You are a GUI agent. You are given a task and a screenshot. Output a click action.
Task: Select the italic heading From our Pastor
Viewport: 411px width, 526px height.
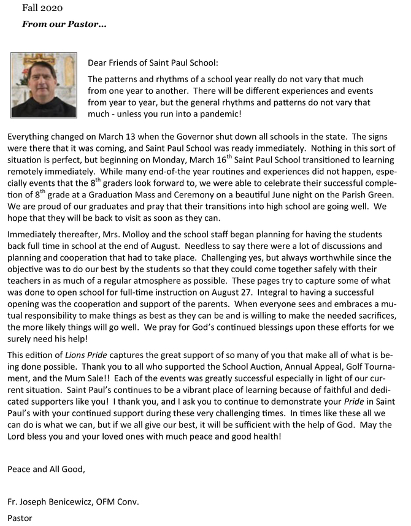coord(64,25)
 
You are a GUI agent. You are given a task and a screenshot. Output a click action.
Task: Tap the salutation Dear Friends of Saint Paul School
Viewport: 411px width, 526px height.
coord(153,63)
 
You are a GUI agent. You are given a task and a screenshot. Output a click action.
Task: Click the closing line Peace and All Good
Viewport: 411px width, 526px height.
coord(47,470)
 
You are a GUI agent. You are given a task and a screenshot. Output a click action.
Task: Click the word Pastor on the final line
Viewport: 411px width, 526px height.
coord(20,518)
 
